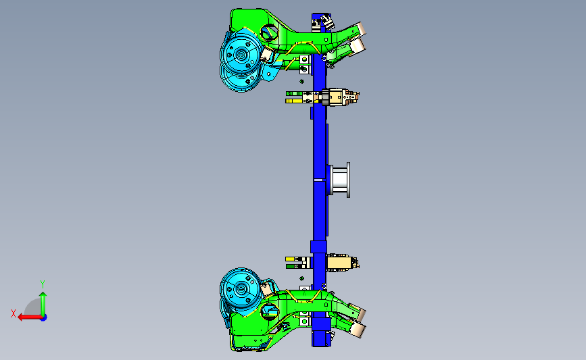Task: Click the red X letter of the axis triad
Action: [x=14, y=313]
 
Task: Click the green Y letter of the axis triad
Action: [x=43, y=284]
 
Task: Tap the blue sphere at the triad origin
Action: [x=43, y=317]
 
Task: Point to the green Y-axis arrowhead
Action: [x=43, y=295]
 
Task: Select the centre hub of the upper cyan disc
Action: [x=242, y=55]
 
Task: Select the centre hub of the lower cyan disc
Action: [x=242, y=288]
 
